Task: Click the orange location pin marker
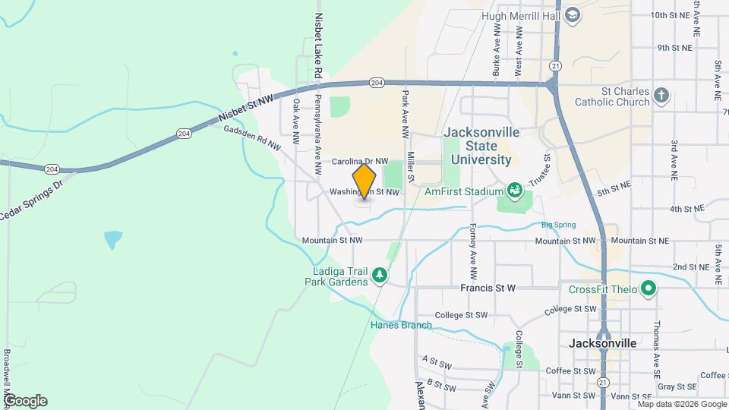(x=364, y=182)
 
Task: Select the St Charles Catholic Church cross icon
(x=662, y=96)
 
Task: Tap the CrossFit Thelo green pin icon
(x=648, y=289)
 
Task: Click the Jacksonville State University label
(x=481, y=146)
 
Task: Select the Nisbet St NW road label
(x=245, y=110)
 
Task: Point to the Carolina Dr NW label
(x=360, y=162)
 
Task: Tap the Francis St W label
(x=488, y=289)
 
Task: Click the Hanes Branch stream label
(x=401, y=326)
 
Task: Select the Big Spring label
(x=558, y=225)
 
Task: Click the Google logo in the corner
(x=24, y=400)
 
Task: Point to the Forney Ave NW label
(x=472, y=251)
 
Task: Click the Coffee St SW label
(x=571, y=371)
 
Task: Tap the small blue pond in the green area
(x=112, y=240)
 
